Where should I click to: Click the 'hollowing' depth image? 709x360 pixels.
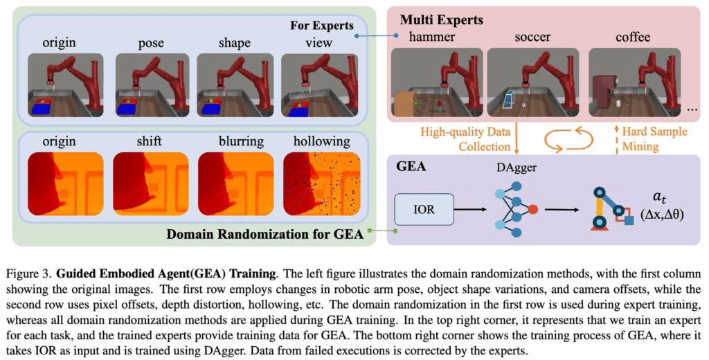click(321, 183)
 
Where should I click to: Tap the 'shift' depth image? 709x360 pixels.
click(150, 183)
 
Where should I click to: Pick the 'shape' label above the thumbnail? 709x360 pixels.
click(234, 43)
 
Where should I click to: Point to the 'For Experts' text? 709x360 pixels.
click(321, 26)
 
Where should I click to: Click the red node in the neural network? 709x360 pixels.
click(532, 208)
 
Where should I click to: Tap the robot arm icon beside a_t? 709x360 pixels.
click(613, 208)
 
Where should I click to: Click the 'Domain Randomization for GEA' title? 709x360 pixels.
click(265, 233)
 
